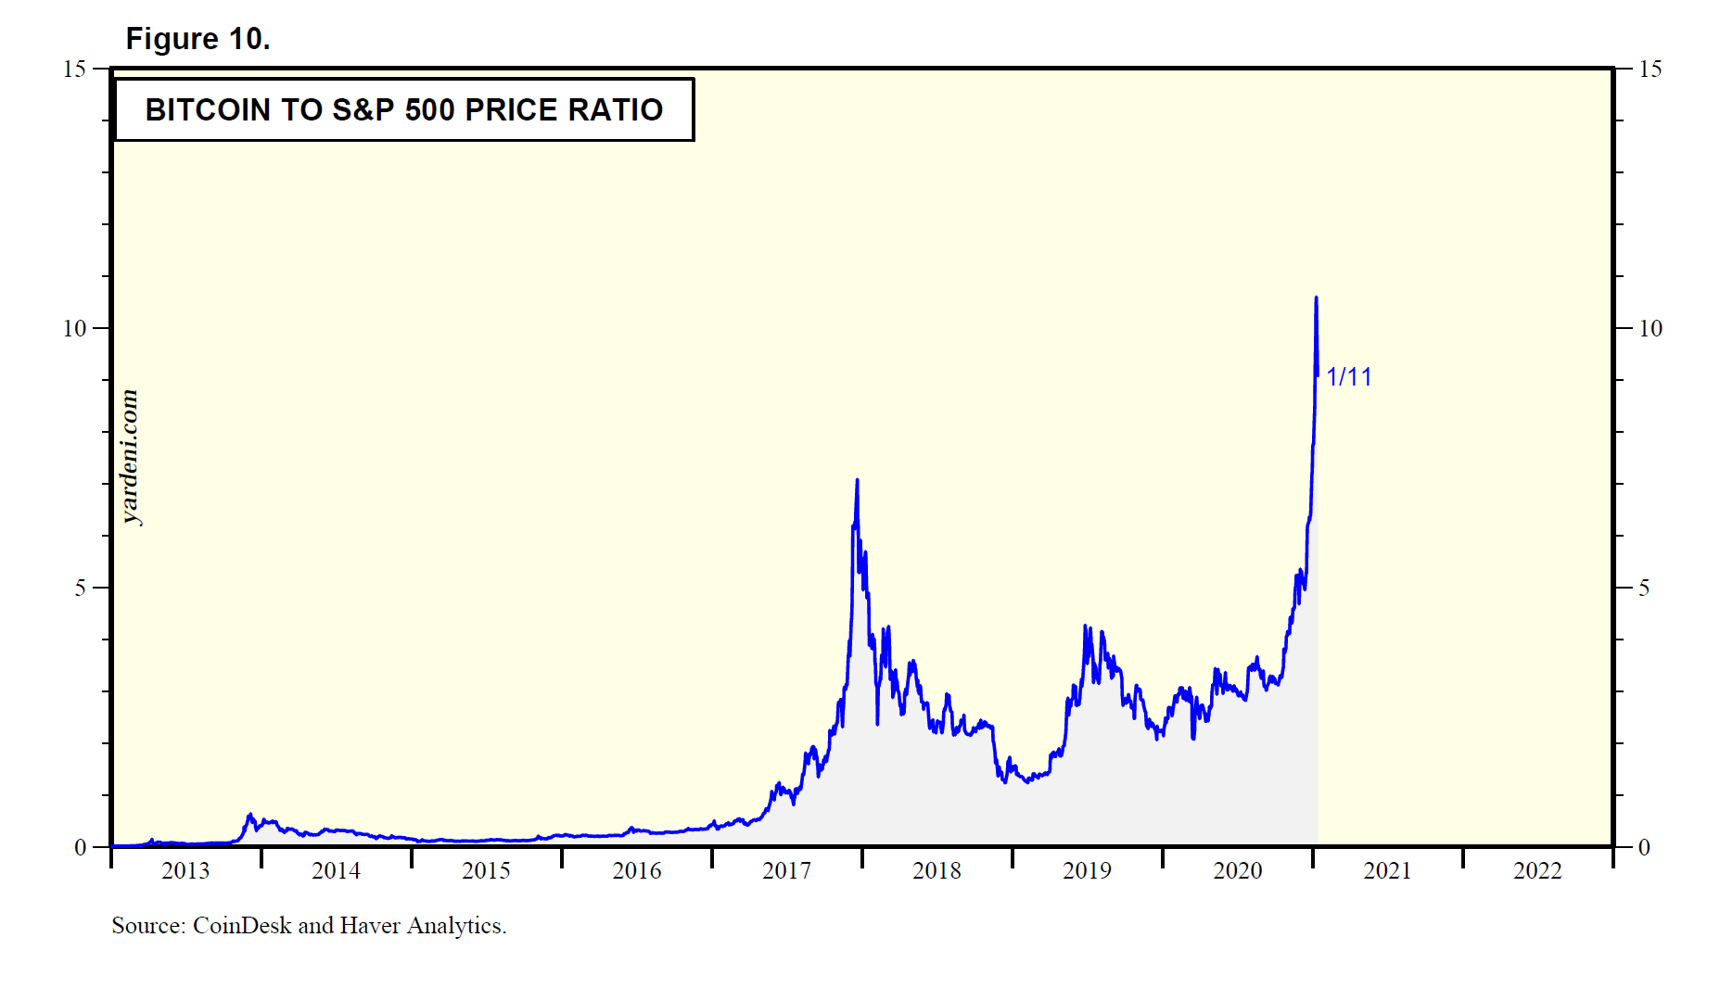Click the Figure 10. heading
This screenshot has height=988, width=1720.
pyautogui.click(x=197, y=39)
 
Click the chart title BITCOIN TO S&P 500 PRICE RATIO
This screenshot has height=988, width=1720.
pyautogui.click(x=403, y=109)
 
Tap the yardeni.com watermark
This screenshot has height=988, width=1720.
pyautogui.click(x=130, y=457)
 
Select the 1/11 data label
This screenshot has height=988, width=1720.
pyautogui.click(x=1348, y=376)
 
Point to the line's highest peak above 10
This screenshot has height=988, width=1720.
pyautogui.click(x=1316, y=298)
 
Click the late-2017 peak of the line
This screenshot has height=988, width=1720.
pyautogui.click(x=857, y=480)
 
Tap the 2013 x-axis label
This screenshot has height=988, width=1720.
pyautogui.click(x=185, y=870)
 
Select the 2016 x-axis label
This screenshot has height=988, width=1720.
pyautogui.click(x=637, y=870)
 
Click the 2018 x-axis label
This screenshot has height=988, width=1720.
pyautogui.click(x=936, y=870)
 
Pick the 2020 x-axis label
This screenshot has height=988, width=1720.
pyautogui.click(x=1238, y=870)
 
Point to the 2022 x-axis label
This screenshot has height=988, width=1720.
pyautogui.click(x=1537, y=870)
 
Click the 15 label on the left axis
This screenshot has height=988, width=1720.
pyautogui.click(x=74, y=69)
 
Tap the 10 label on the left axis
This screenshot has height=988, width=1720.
pyautogui.click(x=74, y=328)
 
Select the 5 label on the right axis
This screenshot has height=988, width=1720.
pyautogui.click(x=1644, y=588)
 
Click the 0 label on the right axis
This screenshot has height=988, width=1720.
pyautogui.click(x=1644, y=847)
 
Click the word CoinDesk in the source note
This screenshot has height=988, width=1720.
pyautogui.click(x=242, y=925)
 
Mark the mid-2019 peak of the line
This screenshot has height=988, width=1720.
pyautogui.click(x=1086, y=627)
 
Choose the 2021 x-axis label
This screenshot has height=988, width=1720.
pyautogui.click(x=1387, y=870)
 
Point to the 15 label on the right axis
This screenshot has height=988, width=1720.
pyautogui.click(x=1650, y=69)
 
